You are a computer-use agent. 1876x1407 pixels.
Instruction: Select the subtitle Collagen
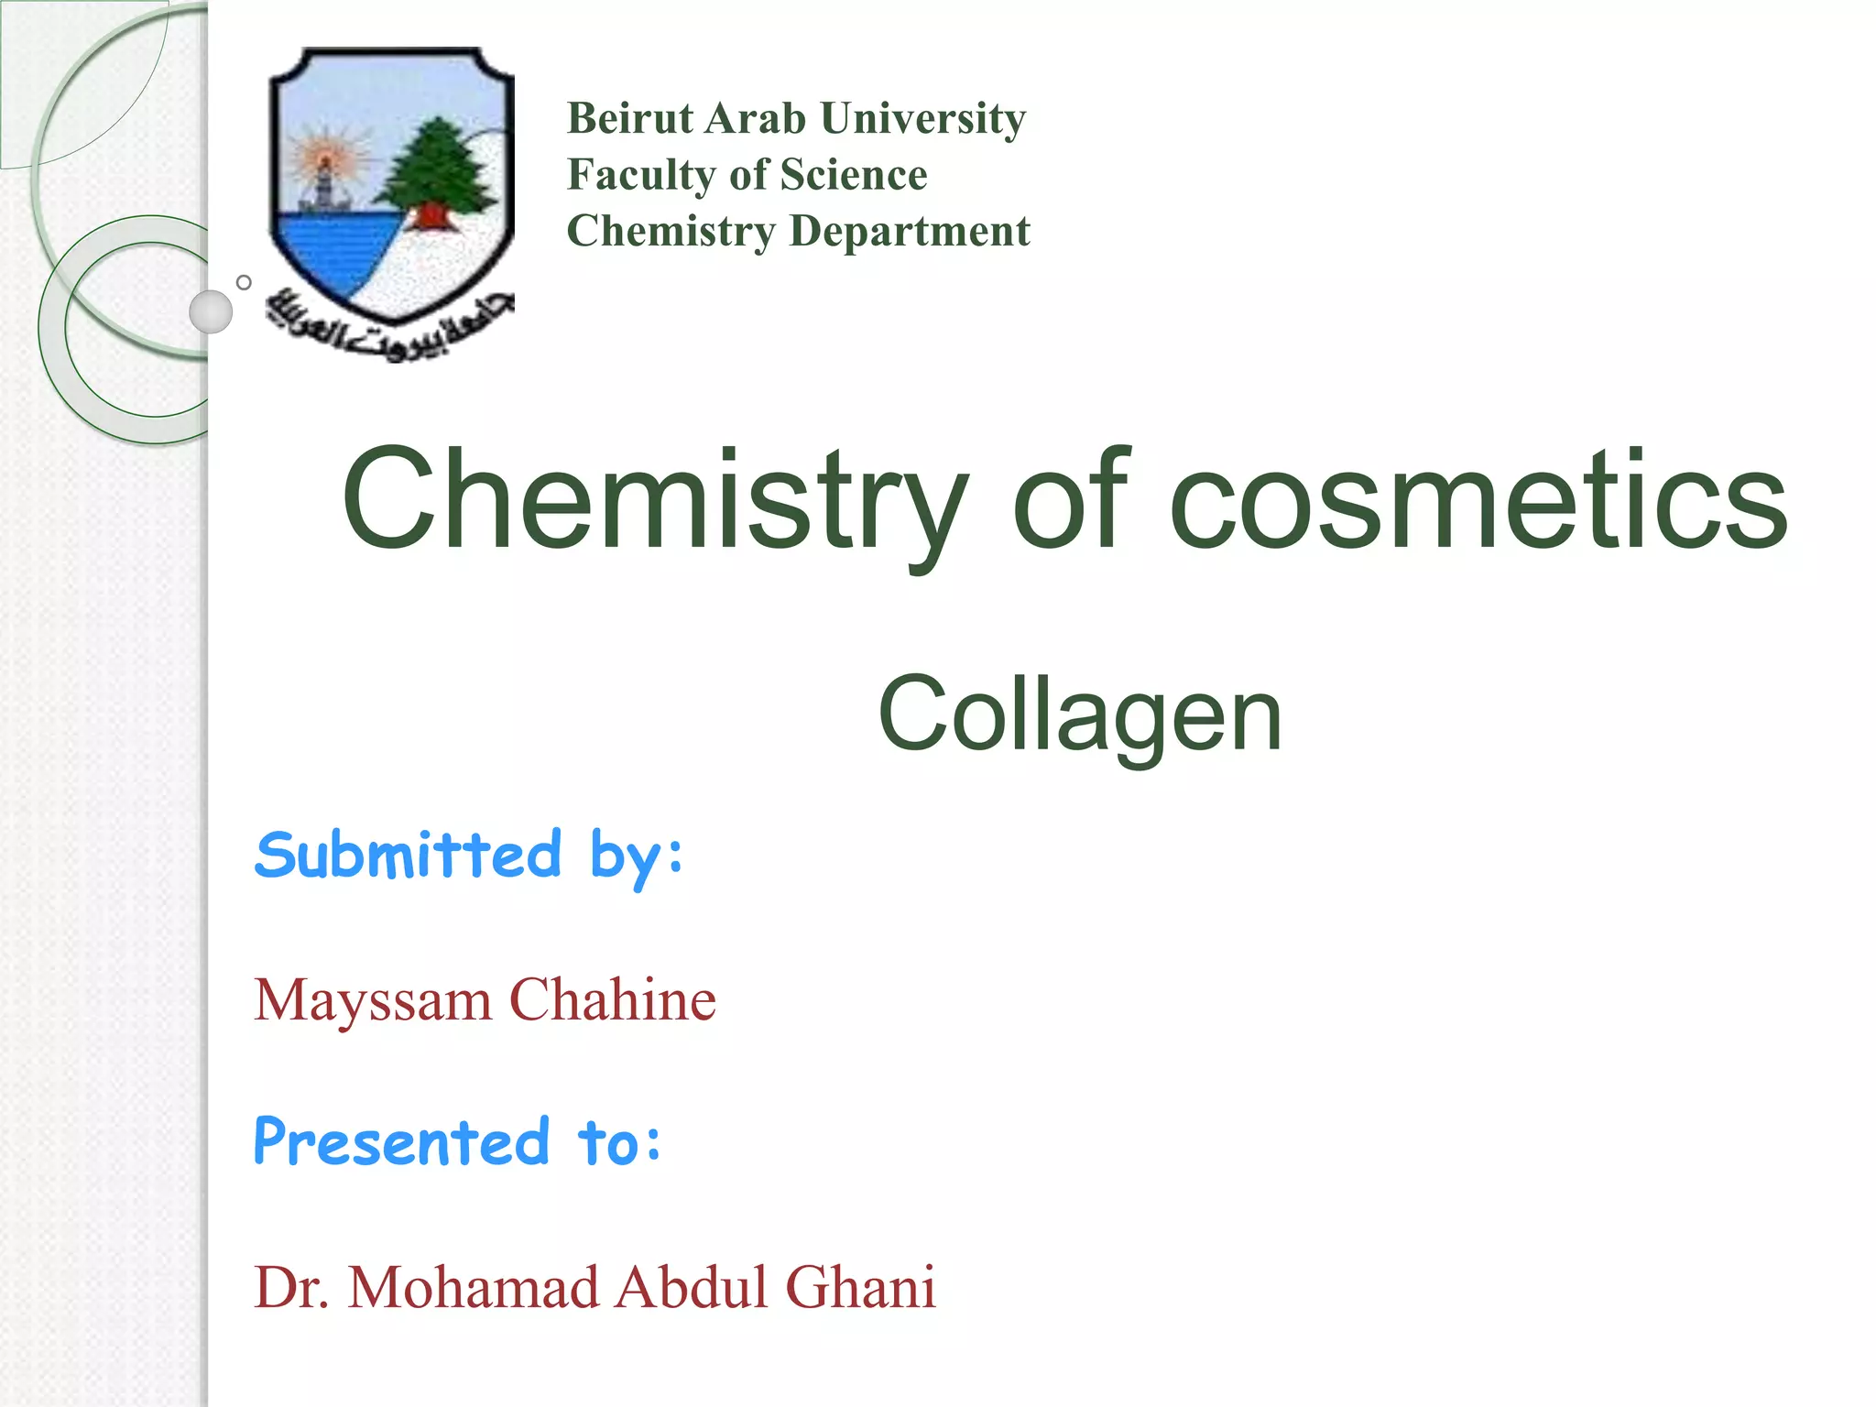click(x=1079, y=714)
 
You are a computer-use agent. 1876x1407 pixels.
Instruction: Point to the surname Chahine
click(x=613, y=999)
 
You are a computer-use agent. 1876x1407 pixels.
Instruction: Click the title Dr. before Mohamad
click(x=290, y=1287)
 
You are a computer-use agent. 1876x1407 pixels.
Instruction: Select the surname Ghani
click(x=860, y=1287)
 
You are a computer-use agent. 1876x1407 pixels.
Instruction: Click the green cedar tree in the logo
click(x=438, y=169)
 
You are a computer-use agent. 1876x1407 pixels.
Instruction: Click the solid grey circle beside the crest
click(x=211, y=311)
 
